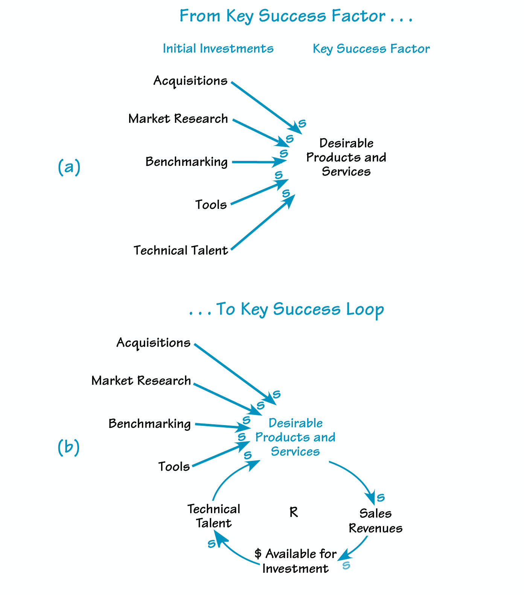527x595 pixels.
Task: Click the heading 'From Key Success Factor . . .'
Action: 296,17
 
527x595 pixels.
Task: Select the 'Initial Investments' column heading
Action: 218,49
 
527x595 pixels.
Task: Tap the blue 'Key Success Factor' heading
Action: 371,49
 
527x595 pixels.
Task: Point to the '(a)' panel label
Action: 69,167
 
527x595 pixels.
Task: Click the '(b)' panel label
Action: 69,447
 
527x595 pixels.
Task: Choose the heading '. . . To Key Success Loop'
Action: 286,309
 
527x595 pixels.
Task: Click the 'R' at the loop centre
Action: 294,512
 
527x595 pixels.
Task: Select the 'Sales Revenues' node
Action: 375,521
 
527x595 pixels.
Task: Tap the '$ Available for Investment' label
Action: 295,561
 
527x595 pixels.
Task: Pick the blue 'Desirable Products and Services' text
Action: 295,437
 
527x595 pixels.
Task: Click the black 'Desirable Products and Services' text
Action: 346,157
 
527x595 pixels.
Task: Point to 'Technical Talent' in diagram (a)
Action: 181,251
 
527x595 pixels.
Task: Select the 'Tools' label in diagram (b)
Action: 174,467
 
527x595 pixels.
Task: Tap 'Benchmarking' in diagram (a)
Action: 186,162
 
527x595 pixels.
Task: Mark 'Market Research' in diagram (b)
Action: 141,381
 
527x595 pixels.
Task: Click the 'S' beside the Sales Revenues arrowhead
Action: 381,498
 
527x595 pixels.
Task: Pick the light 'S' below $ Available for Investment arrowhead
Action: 346,566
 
